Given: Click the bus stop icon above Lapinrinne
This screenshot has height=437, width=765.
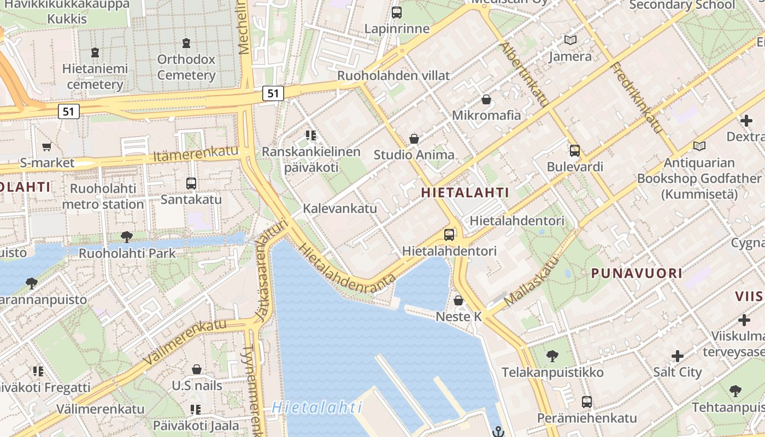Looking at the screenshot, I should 397,12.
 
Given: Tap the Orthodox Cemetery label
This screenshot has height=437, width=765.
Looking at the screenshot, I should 186,67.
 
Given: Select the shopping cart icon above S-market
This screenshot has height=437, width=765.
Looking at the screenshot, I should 47,146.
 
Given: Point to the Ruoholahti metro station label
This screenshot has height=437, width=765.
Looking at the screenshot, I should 103,196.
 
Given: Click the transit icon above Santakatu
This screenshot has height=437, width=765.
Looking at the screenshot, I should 191,184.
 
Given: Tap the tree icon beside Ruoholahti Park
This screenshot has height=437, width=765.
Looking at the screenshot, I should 127,237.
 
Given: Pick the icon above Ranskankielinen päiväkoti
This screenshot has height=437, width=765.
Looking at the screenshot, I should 311,135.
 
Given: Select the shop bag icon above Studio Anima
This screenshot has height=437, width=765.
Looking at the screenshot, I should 414,139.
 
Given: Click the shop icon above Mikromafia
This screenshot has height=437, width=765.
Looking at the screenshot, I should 486,99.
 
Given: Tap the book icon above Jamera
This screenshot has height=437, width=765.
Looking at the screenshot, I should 570,40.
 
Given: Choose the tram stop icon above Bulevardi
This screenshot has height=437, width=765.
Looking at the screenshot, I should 575,151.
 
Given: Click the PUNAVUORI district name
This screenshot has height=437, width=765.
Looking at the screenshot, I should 637,273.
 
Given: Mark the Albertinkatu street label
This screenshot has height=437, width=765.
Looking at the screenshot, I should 524,74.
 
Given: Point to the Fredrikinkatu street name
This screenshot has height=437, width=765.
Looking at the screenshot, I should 637,98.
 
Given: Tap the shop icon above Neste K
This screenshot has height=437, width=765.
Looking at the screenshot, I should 458,300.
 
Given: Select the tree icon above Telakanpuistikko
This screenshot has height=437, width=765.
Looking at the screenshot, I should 552,356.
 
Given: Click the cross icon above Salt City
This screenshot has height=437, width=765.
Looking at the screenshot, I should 678,356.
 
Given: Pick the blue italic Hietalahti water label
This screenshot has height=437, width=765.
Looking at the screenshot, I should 317,407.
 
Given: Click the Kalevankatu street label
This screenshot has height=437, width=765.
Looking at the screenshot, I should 340,208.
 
